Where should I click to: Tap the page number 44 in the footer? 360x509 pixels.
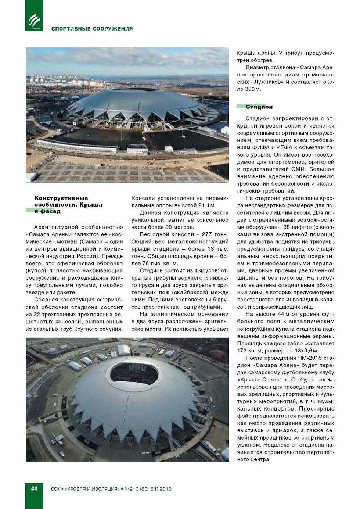(34, 488)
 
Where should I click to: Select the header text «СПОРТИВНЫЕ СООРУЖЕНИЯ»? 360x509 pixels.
(92, 29)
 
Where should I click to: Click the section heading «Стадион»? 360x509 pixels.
(259, 107)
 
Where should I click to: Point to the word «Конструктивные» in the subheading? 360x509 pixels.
(61, 198)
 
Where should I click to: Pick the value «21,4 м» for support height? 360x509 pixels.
(207, 205)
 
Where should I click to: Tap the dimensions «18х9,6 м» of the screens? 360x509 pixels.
(304, 351)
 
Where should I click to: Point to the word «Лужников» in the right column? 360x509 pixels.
(267, 82)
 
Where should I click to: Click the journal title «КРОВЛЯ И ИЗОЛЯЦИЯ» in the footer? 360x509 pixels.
(92, 489)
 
